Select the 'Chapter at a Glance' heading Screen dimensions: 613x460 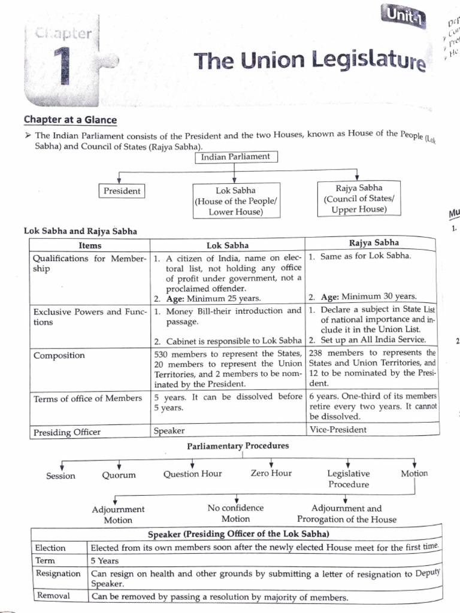coord(70,120)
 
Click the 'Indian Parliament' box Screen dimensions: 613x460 coord(235,157)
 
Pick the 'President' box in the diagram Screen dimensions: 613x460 coord(122,191)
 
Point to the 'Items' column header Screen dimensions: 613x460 coord(90,245)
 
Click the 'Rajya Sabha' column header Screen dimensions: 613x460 coord(370,242)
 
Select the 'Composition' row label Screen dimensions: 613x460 coord(59,356)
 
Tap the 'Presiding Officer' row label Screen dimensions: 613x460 coord(67,432)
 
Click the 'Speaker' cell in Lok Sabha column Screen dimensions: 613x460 coord(170,430)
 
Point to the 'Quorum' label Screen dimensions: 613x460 coord(119,475)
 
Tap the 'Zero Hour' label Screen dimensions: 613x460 coord(271,473)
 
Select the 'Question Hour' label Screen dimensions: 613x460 coord(192,474)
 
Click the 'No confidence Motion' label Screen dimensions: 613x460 coord(235,514)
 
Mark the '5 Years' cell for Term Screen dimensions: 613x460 coord(105,561)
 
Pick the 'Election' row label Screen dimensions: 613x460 coord(51,548)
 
